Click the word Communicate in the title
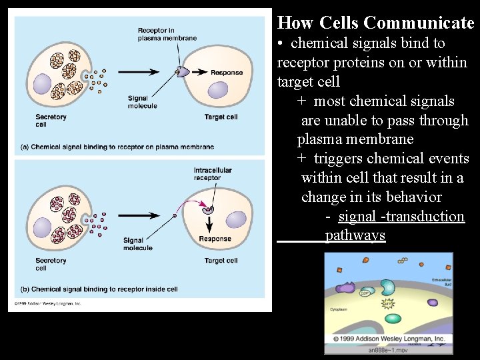click(x=419, y=23)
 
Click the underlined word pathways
click(x=355, y=235)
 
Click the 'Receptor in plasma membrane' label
click(x=167, y=34)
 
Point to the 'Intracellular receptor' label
click(x=212, y=173)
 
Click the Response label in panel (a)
click(x=226, y=72)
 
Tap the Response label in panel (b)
click(x=215, y=239)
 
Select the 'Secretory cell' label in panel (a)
click(x=51, y=120)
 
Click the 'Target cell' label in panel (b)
click(x=221, y=261)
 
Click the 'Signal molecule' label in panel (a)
click(x=142, y=101)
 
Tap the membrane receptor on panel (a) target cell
click(x=181, y=71)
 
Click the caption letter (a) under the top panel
click(x=24, y=147)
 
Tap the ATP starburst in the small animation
click(x=388, y=304)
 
